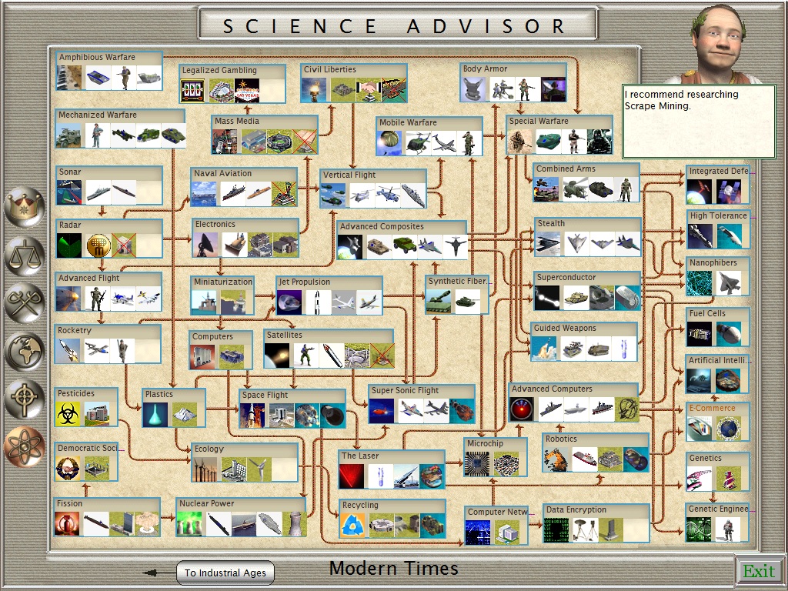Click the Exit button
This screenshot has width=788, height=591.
pos(759,571)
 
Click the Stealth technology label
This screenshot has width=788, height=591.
pos(551,224)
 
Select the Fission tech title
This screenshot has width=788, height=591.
pos(70,503)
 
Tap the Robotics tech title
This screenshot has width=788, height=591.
pos(561,439)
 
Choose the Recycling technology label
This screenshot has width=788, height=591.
pos(360,506)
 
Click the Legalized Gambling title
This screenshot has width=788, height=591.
pos(219,70)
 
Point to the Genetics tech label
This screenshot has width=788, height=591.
pos(705,458)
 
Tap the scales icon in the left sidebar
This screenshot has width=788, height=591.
pos(24,255)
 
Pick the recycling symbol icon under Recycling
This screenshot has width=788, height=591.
pos(353,525)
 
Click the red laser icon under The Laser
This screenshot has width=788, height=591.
pos(352,476)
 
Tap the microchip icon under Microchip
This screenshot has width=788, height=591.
pos(479,464)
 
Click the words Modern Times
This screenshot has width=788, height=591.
pos(393,569)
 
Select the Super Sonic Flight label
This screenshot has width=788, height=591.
pos(405,390)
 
